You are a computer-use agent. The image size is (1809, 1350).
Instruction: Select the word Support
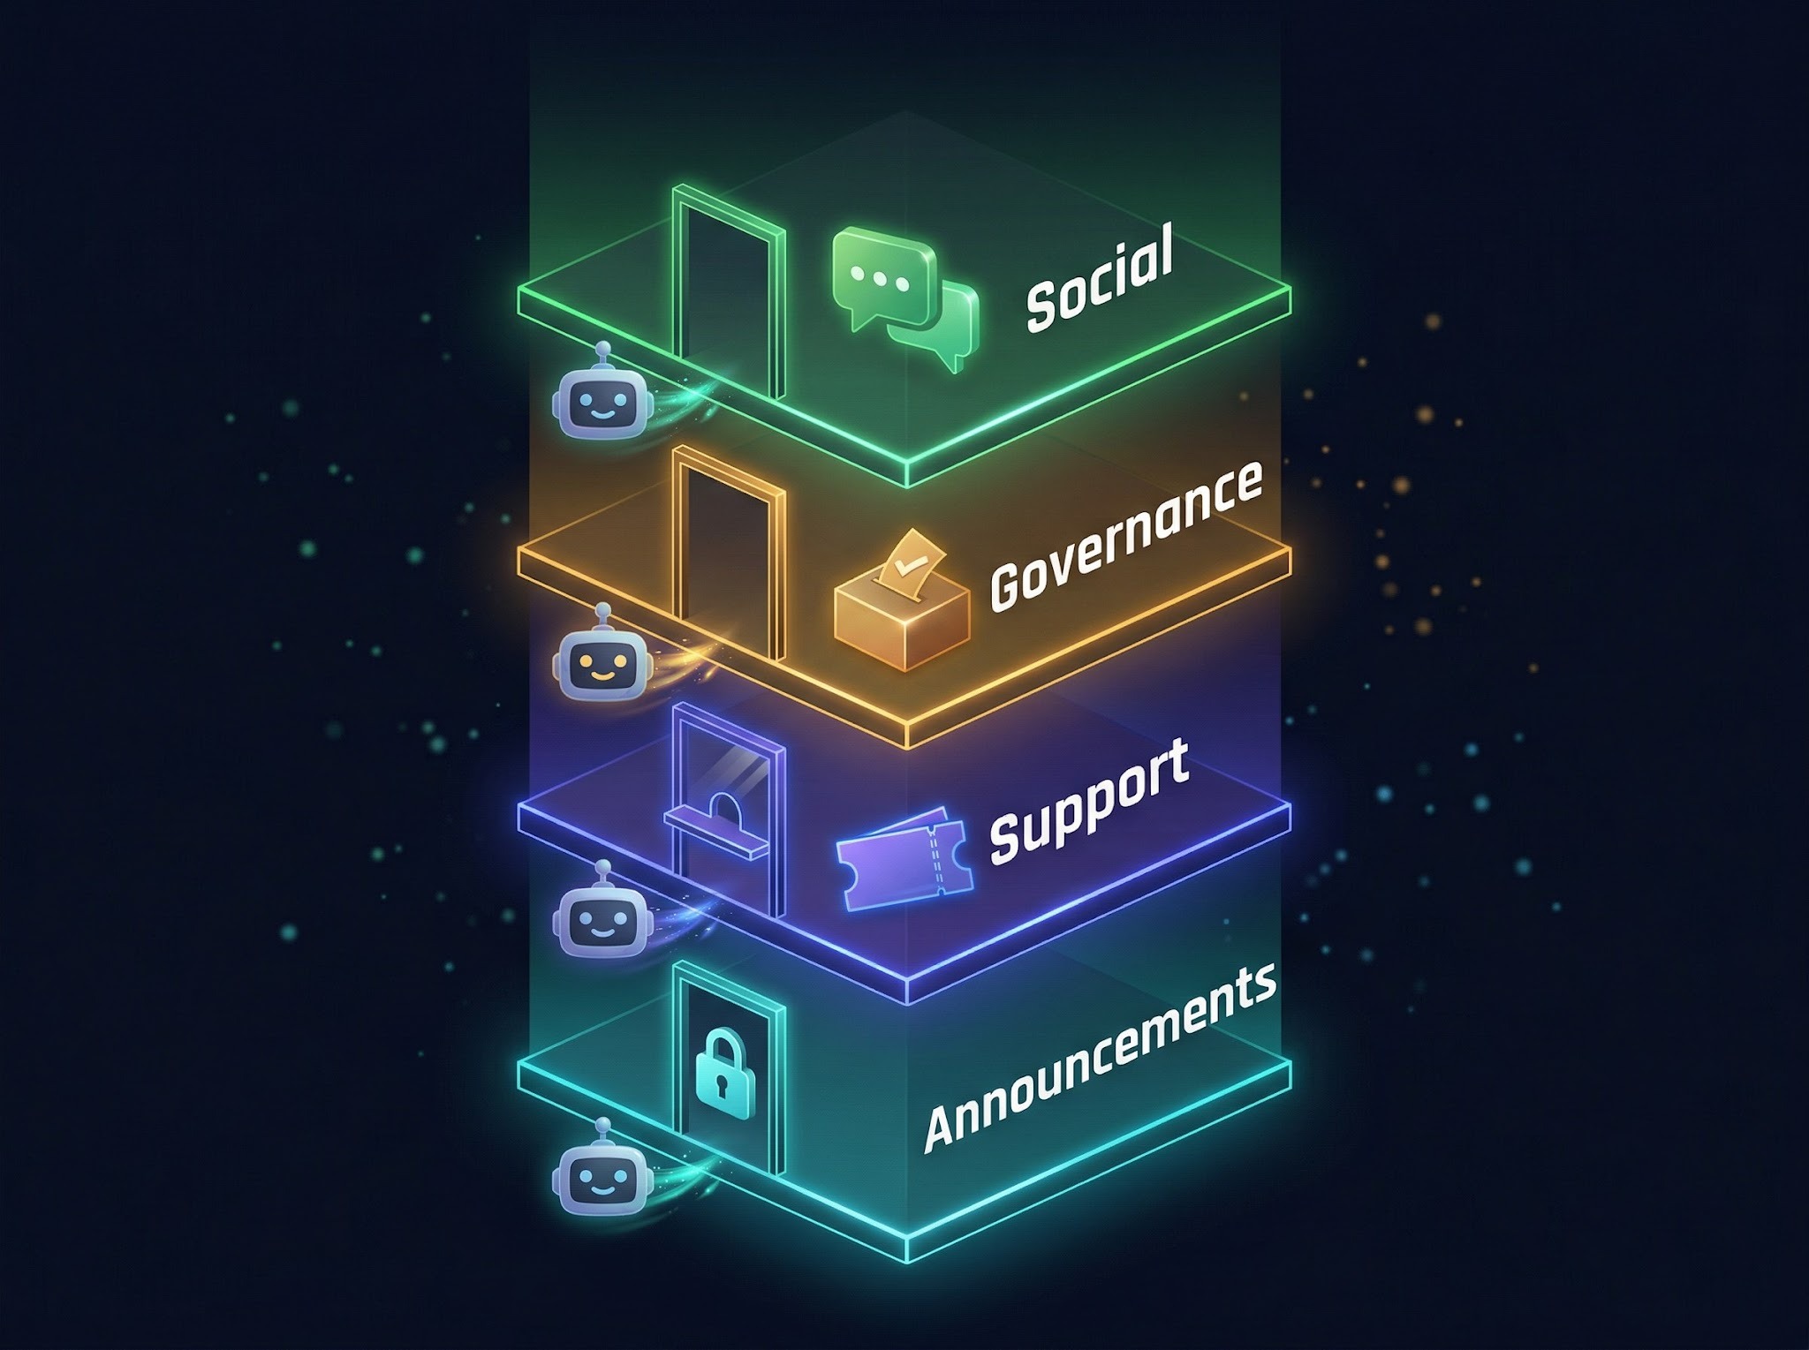(1088, 801)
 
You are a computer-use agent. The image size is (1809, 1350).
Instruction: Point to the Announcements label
(1100, 1057)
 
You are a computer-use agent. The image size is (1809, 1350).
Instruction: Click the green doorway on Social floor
(728, 291)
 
